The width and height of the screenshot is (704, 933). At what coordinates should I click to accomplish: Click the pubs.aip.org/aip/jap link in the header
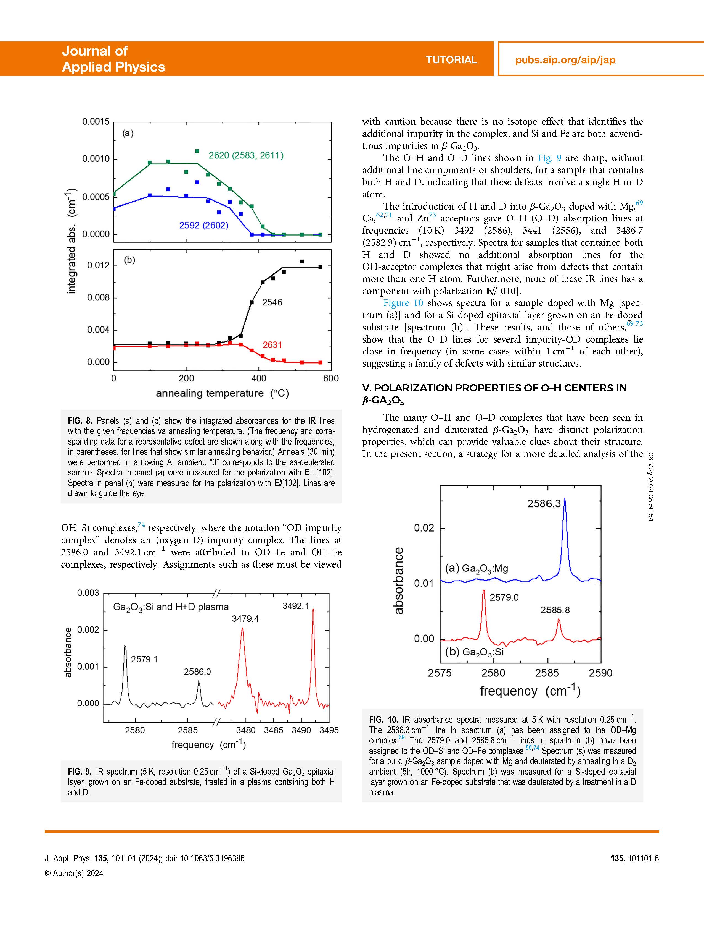click(565, 60)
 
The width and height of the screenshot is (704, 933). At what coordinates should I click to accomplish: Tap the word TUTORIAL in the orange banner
click(451, 60)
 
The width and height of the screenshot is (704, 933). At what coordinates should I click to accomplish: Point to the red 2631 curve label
click(272, 345)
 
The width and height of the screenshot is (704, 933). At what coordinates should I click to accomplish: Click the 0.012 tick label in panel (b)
click(98, 265)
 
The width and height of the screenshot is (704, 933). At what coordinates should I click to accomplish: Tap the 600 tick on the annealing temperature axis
click(331, 378)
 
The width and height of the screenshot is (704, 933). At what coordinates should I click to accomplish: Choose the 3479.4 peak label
click(245, 618)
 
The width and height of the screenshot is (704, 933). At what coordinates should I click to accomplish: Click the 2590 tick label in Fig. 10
click(600, 673)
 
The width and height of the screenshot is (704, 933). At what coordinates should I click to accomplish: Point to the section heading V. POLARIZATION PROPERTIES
click(494, 388)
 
